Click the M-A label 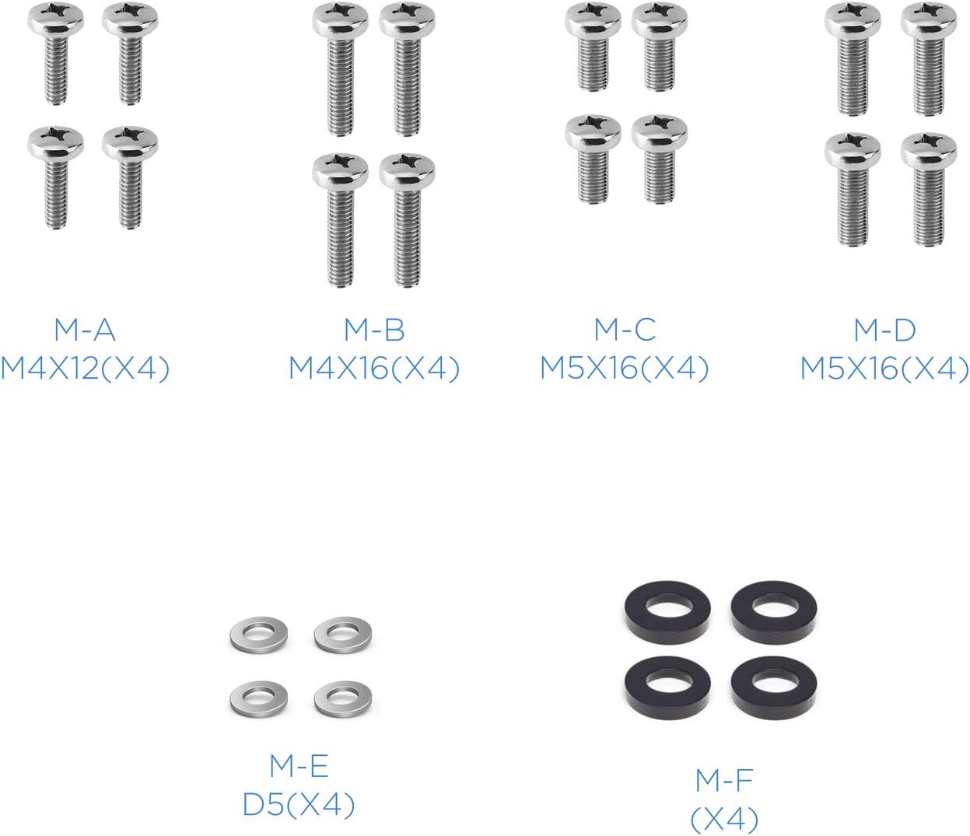pyautogui.click(x=85, y=330)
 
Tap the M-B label pyautogui.click(x=374, y=330)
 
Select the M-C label pyautogui.click(x=625, y=330)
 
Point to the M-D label pyautogui.click(x=884, y=330)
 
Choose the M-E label pyautogui.click(x=299, y=766)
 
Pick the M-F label pyautogui.click(x=724, y=780)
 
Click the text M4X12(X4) pyautogui.click(x=85, y=369)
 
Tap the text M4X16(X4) pyautogui.click(x=374, y=369)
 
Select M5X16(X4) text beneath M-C pyautogui.click(x=625, y=369)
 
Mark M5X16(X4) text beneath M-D pyautogui.click(x=884, y=369)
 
